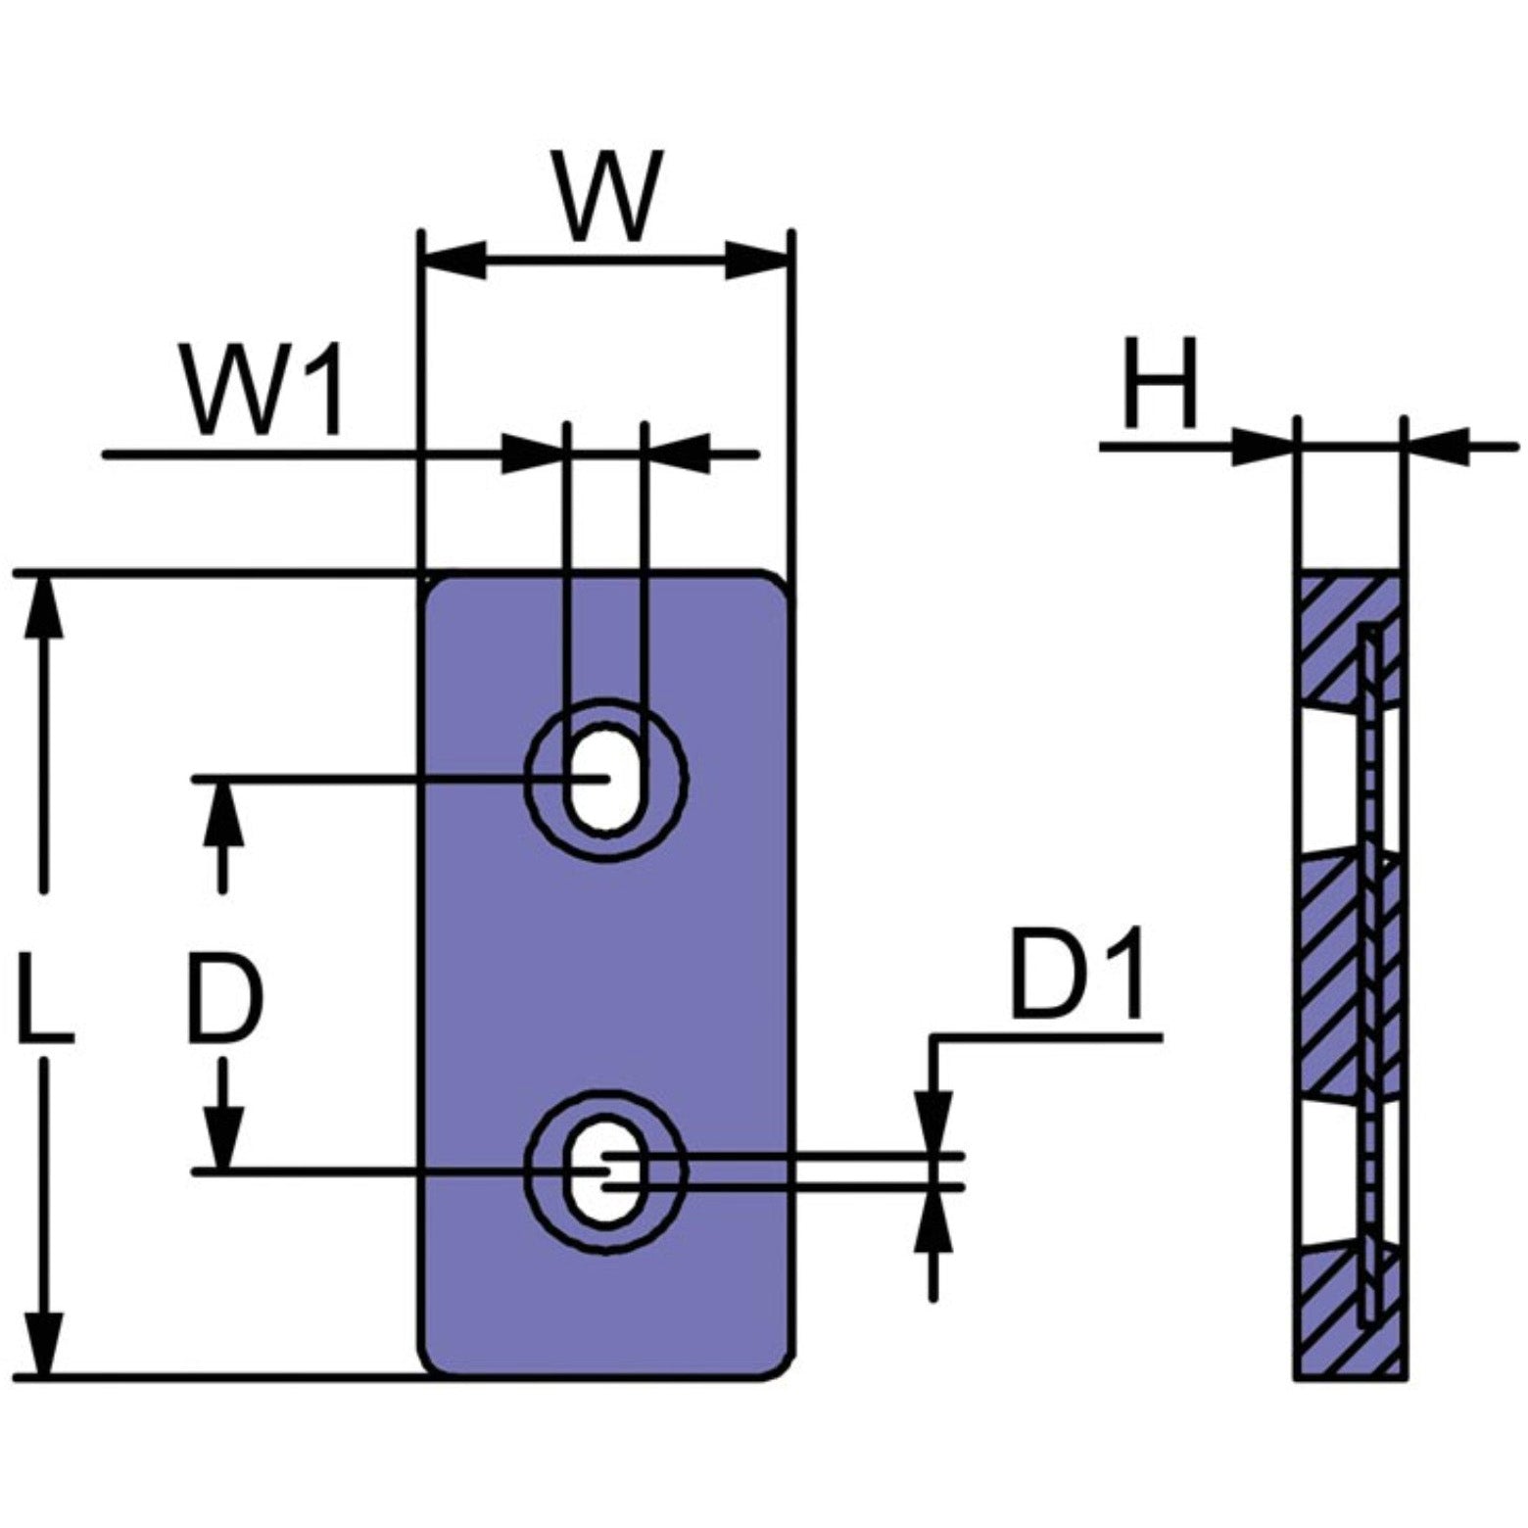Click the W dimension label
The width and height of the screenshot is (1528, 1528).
coord(606,196)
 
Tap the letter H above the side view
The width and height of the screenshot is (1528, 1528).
coord(1161,384)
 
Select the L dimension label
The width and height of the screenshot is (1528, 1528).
coord(44,1004)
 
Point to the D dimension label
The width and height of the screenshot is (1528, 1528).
coord(225,1001)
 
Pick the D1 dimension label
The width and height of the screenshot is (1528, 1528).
coord(1075,977)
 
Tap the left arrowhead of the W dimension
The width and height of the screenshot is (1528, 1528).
coord(454,261)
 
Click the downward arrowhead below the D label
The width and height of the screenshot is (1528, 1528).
coord(224,1136)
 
